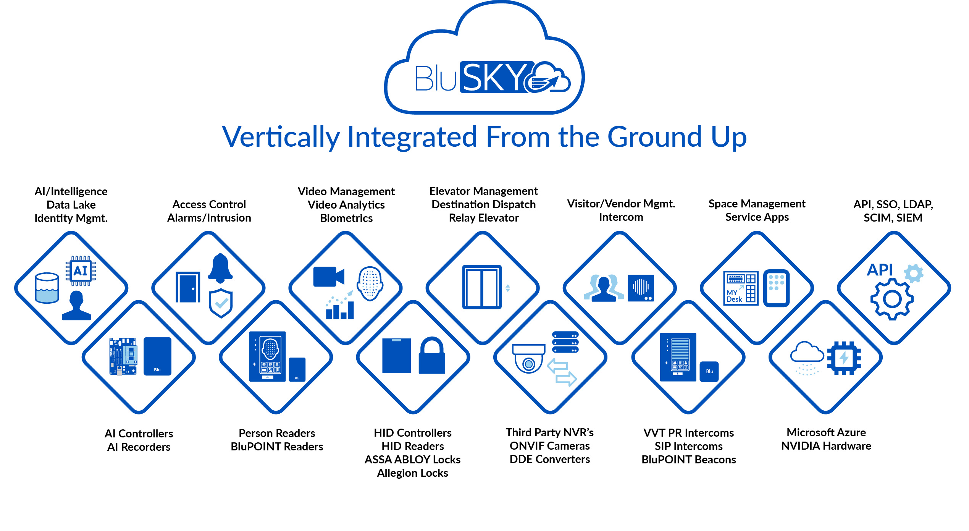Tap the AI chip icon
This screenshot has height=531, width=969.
click(81, 271)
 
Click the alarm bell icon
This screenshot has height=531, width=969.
click(220, 268)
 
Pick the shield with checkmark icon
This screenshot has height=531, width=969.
click(221, 303)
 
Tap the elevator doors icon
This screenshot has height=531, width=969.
click(482, 287)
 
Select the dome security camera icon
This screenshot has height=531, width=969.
click(529, 358)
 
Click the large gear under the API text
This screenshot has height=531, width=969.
click(892, 299)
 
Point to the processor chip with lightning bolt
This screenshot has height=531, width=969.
click(844, 358)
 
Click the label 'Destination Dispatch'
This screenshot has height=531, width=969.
click(483, 204)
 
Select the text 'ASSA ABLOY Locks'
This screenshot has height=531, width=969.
click(412, 459)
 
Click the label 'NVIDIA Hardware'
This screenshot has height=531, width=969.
click(826, 446)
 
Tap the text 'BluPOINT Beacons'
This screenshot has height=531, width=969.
click(688, 459)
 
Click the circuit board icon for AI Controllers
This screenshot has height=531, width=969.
click(123, 356)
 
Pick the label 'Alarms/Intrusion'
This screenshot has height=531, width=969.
click(209, 218)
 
